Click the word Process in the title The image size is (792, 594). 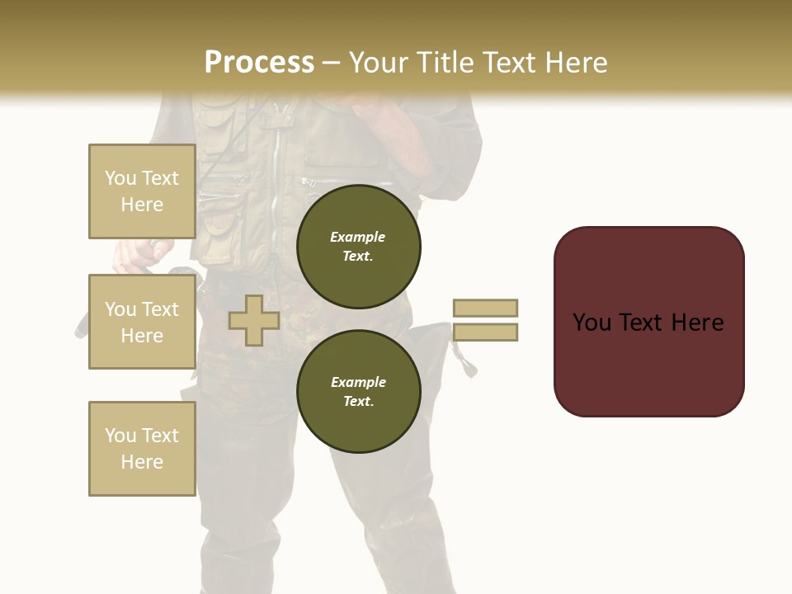[259, 63]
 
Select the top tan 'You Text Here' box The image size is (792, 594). [142, 191]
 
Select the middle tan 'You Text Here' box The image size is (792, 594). [142, 322]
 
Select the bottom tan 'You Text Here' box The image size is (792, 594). [142, 449]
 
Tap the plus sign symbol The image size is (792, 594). [254, 320]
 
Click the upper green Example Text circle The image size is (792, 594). [358, 247]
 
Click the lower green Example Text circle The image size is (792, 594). [358, 391]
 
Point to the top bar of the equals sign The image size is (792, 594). [485, 308]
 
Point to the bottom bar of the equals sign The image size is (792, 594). [485, 332]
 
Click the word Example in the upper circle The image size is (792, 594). [357, 237]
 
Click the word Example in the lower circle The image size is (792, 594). [358, 382]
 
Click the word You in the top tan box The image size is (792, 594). [120, 178]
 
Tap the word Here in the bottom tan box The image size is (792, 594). [142, 462]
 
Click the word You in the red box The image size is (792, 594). [592, 323]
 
